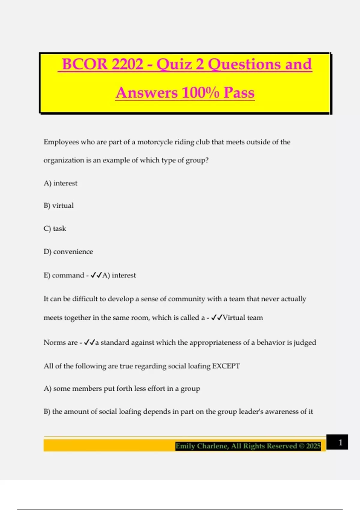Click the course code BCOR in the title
(x=84, y=64)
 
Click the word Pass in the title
(x=239, y=92)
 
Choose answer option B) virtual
(x=58, y=205)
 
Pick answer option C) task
(x=55, y=229)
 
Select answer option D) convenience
(x=68, y=252)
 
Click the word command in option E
(x=68, y=275)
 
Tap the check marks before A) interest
(x=96, y=275)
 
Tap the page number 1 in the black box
(x=340, y=442)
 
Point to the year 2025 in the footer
(x=313, y=446)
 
